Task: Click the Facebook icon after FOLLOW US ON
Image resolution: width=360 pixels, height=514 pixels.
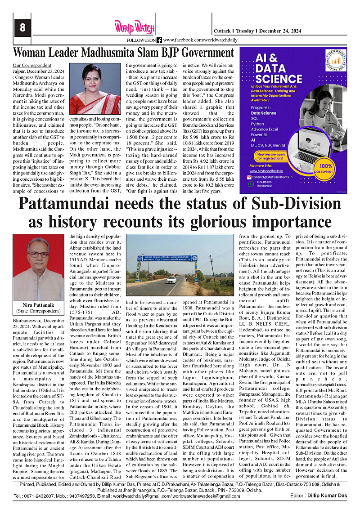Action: coord(159,40)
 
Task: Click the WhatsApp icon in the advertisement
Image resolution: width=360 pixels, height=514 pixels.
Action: coord(252,184)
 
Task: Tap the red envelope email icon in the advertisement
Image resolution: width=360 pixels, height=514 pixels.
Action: coord(252,177)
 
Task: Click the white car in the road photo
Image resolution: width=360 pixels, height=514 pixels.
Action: coord(171,280)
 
